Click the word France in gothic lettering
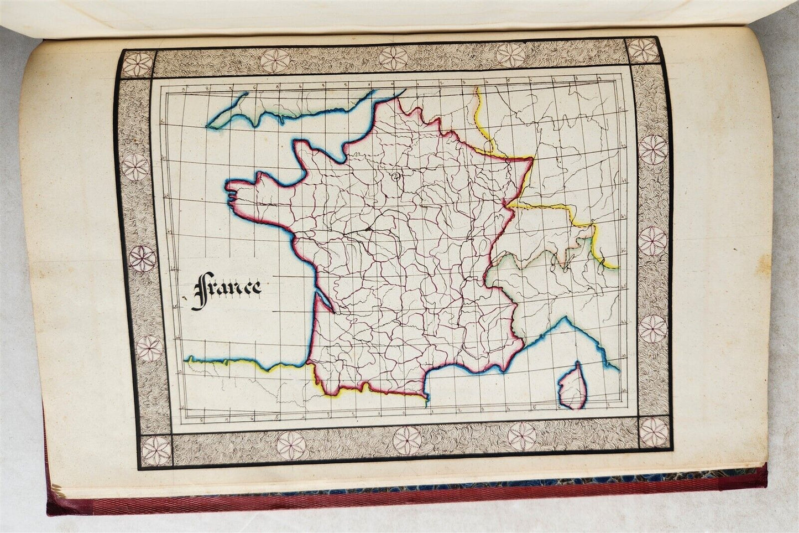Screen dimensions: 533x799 pos(227,288)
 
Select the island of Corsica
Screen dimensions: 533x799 pos(573,386)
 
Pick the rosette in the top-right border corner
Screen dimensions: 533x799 pos(643,50)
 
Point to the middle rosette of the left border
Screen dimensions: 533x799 pos(143,258)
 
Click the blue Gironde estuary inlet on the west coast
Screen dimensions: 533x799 pos(323,302)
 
